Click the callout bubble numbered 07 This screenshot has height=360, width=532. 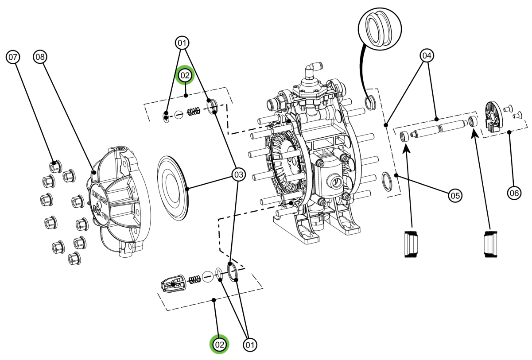point(12,57)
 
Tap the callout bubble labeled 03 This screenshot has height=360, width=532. point(238,175)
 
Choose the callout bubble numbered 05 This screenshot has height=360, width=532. point(455,194)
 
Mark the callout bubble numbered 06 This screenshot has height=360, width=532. point(514,193)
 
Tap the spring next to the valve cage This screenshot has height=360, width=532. point(193,279)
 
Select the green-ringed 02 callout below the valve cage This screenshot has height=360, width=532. point(219,344)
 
